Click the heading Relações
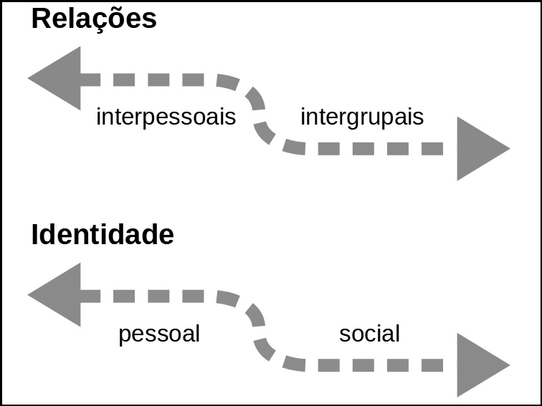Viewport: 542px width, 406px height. (94, 19)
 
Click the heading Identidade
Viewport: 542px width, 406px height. (103, 235)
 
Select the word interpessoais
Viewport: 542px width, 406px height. (166, 117)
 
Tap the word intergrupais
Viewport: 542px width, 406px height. (362, 117)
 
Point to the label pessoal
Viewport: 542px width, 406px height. (158, 334)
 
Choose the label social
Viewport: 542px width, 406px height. (369, 334)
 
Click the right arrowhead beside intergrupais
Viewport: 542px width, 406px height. (481, 149)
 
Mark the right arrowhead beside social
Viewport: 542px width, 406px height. (481, 365)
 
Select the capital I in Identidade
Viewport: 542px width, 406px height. (35, 235)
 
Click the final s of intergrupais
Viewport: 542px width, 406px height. (419, 117)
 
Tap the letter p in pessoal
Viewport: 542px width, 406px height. (124, 336)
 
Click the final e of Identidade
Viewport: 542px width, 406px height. (166, 236)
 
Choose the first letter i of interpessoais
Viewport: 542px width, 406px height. (99, 116)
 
